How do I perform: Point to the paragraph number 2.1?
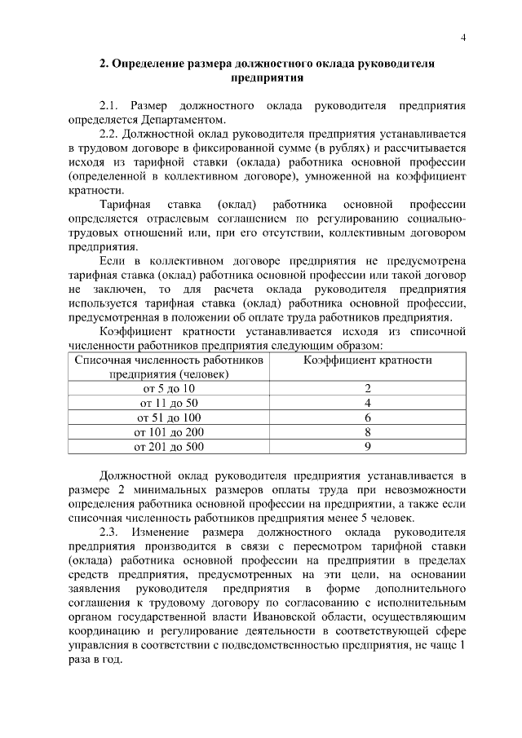(109, 107)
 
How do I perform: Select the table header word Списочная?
(102, 360)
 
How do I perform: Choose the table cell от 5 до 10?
(169, 388)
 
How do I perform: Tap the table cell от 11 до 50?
(169, 403)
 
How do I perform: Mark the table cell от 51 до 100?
(169, 418)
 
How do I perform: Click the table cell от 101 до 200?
(169, 432)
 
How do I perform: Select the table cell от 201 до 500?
(169, 447)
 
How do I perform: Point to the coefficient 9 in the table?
(368, 447)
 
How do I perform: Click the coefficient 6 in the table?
(368, 418)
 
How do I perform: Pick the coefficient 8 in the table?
(368, 432)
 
